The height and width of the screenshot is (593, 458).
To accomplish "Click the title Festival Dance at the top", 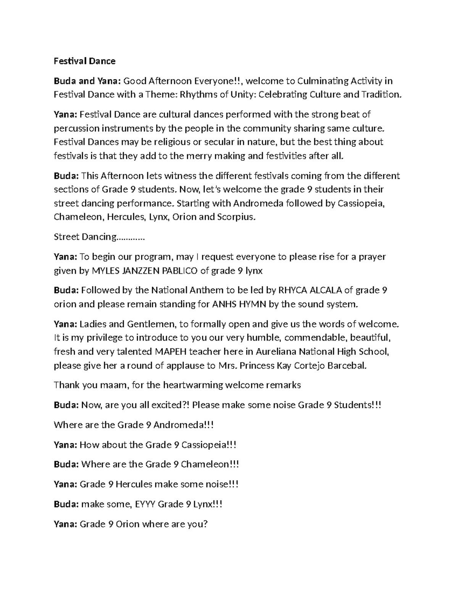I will point(84,61).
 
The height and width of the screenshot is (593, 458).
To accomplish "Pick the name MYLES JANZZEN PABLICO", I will point(145,271).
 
